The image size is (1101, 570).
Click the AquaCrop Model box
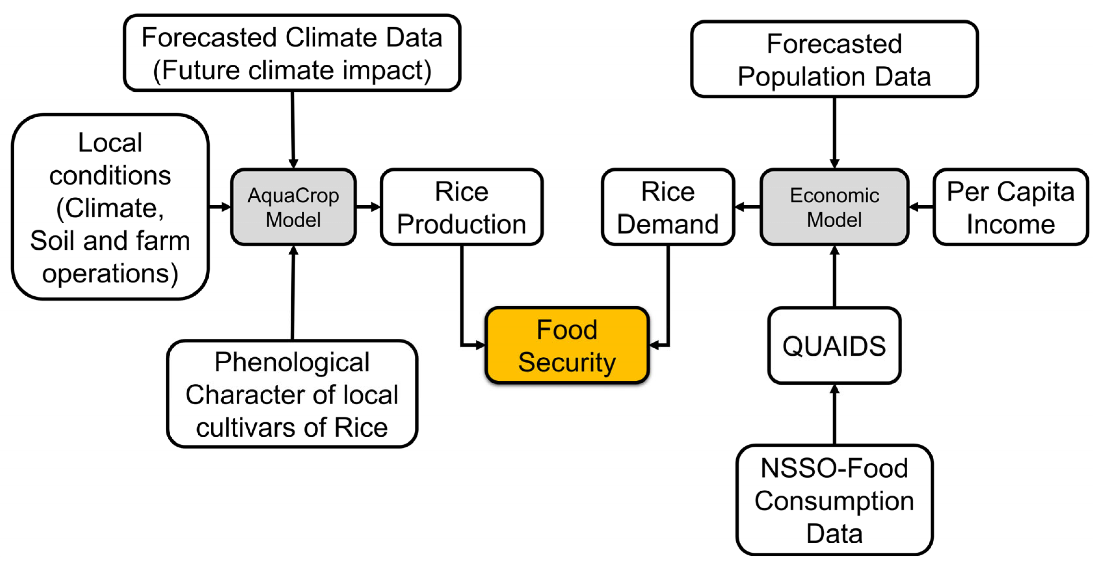[x=293, y=207]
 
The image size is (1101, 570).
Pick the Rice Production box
[x=461, y=207]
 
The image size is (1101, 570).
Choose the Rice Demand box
[x=668, y=207]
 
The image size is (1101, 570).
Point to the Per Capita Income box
[x=1010, y=207]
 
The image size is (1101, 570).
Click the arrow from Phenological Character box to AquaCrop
[x=293, y=293]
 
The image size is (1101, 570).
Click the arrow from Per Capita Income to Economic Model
[x=921, y=207]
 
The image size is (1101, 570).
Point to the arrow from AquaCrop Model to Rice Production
[x=368, y=207]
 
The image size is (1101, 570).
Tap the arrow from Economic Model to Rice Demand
[x=747, y=207]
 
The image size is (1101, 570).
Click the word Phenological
[x=292, y=362]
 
